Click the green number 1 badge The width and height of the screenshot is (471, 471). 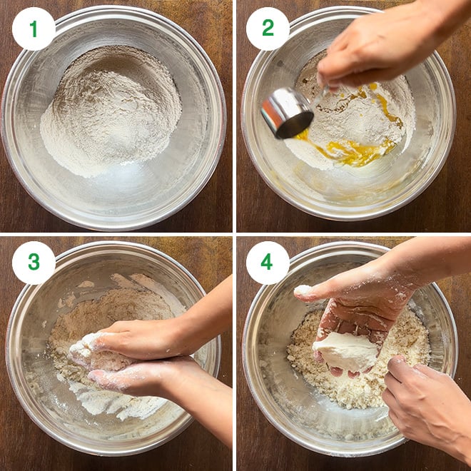[x=34, y=29]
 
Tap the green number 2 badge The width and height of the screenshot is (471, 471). [x=268, y=29]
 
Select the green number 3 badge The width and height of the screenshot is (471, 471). [x=34, y=263]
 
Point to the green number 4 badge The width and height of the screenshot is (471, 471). [x=268, y=263]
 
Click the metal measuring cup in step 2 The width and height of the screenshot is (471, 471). [x=287, y=112]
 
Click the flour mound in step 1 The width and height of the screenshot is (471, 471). [x=111, y=111]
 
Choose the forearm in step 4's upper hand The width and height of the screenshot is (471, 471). [x=435, y=258]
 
